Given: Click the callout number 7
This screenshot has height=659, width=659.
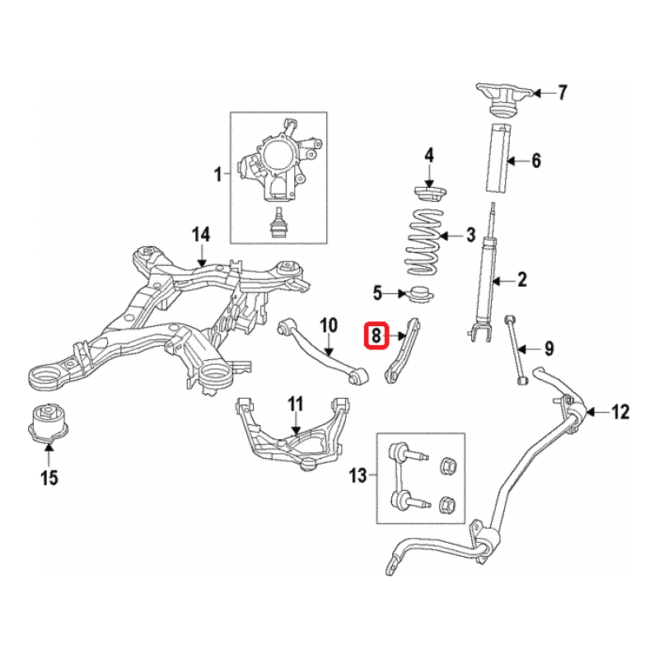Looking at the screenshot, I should (x=563, y=92).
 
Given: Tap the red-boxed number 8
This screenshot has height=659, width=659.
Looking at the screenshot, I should (x=376, y=335).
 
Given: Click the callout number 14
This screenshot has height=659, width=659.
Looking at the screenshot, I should (x=202, y=235).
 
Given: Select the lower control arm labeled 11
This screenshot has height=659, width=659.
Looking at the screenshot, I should (x=292, y=432).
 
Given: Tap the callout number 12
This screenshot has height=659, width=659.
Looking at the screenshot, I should (x=619, y=412).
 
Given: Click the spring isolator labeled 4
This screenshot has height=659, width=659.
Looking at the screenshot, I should (x=428, y=194).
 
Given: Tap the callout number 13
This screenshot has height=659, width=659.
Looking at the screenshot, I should (x=358, y=476).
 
